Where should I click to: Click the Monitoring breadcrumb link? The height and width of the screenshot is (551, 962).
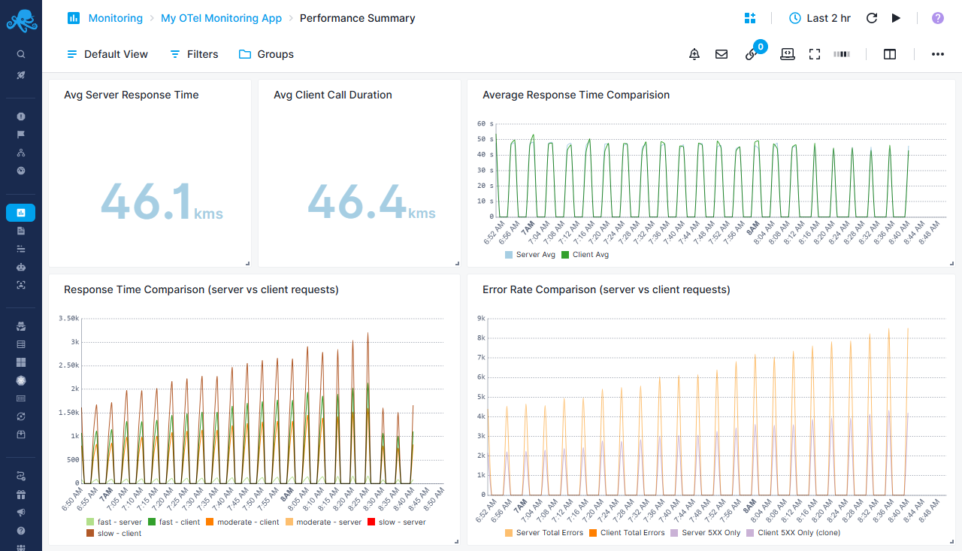[115, 18]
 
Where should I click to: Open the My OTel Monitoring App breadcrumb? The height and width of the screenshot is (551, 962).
[221, 18]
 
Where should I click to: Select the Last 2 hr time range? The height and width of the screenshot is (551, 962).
[820, 18]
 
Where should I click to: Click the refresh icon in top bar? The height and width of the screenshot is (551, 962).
[872, 18]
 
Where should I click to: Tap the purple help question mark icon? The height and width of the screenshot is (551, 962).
[937, 18]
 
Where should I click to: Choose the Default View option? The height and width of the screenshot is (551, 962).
[107, 54]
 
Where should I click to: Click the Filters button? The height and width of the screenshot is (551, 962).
[194, 54]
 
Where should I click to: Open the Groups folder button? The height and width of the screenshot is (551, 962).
[266, 54]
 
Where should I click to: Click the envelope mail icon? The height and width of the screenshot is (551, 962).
[721, 54]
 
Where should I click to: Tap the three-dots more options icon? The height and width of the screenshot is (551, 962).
[937, 54]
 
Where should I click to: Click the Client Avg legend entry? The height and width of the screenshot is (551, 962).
[585, 255]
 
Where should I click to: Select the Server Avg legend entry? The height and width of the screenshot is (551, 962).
[530, 255]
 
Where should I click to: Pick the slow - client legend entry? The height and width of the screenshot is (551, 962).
[113, 533]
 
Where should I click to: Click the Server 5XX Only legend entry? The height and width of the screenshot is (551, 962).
[706, 533]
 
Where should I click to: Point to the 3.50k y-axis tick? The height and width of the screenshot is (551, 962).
[69, 319]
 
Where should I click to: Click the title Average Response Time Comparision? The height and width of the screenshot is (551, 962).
[576, 95]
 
